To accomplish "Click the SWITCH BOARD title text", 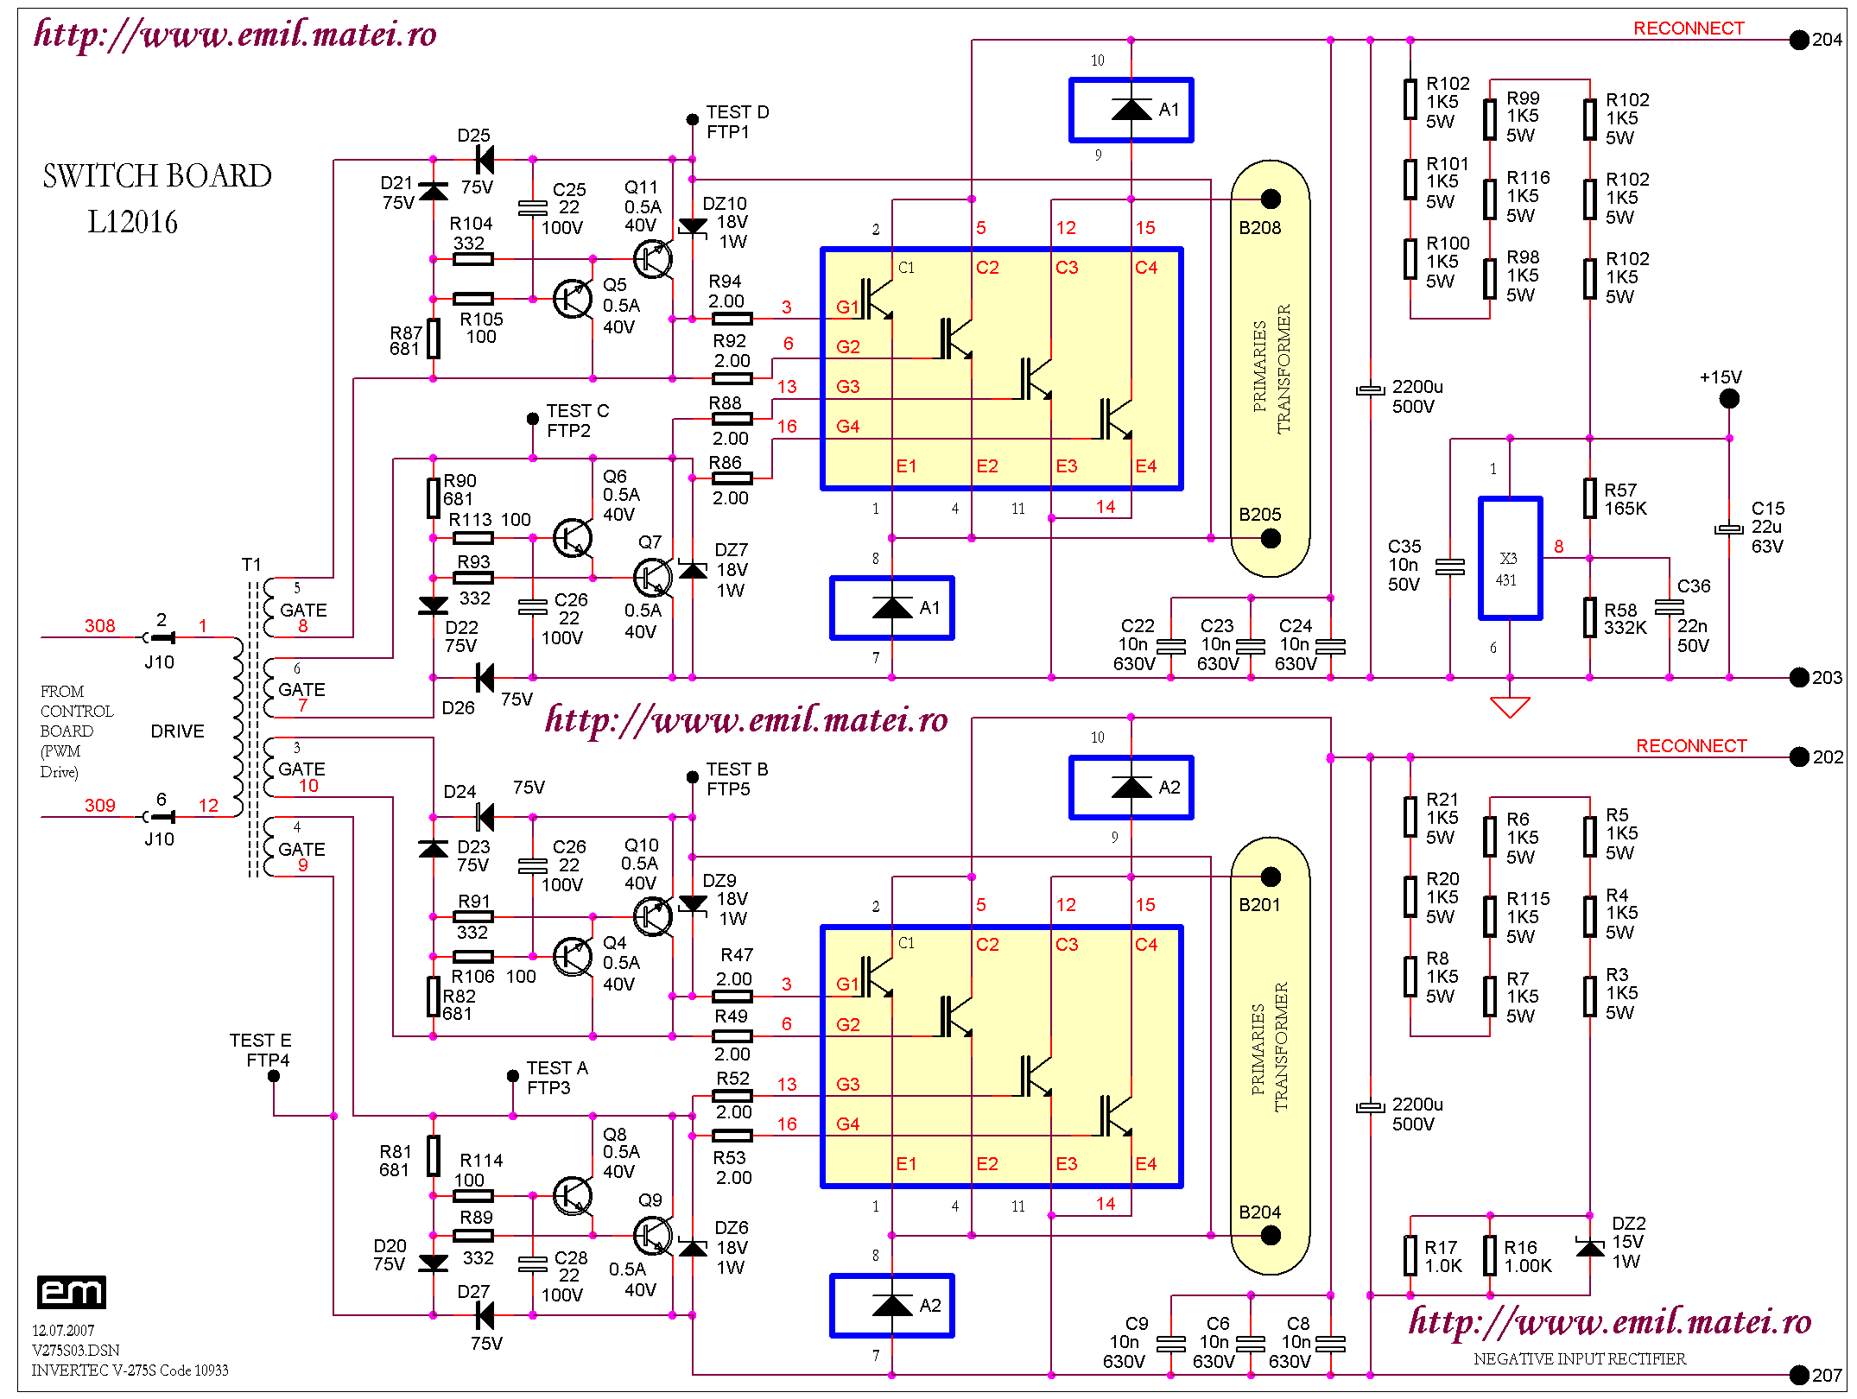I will tap(156, 176).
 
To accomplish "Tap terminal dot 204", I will tap(1798, 40).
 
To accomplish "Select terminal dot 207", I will tap(1798, 1375).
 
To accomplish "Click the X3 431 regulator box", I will tap(1510, 559).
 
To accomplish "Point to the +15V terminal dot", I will tap(1728, 399).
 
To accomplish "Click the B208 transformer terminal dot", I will tap(1270, 199).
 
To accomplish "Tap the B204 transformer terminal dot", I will tap(1270, 1236).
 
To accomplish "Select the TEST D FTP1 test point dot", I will tap(692, 119).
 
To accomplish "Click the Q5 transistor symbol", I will tap(573, 299).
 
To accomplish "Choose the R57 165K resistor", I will tap(1589, 498).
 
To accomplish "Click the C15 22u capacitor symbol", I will tap(1728, 529).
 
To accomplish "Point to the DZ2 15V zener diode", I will tap(1589, 1248).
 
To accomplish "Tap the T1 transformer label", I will tap(250, 565).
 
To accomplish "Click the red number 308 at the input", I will tap(99, 626).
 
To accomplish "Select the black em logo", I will tap(72, 1292).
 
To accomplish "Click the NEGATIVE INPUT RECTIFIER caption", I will tap(1579, 1359).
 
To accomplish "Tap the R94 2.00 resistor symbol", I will tap(732, 319).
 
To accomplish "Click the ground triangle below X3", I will tap(1510, 707).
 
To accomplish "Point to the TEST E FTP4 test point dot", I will tap(273, 1076).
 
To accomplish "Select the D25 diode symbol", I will tap(485, 160).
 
